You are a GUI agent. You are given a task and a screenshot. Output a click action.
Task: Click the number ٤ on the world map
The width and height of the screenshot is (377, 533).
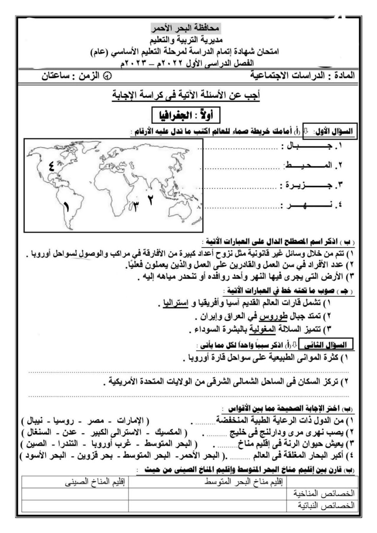(x=51, y=166)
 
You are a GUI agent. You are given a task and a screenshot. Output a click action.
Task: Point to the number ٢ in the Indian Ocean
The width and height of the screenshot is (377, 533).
(x=151, y=200)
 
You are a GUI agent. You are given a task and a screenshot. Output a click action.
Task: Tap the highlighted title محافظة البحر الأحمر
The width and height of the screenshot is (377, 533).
(x=186, y=29)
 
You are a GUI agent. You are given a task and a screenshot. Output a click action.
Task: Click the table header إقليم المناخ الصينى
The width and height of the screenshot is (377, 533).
(x=95, y=482)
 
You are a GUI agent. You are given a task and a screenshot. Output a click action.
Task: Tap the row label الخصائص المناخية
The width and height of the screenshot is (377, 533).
(x=324, y=493)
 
